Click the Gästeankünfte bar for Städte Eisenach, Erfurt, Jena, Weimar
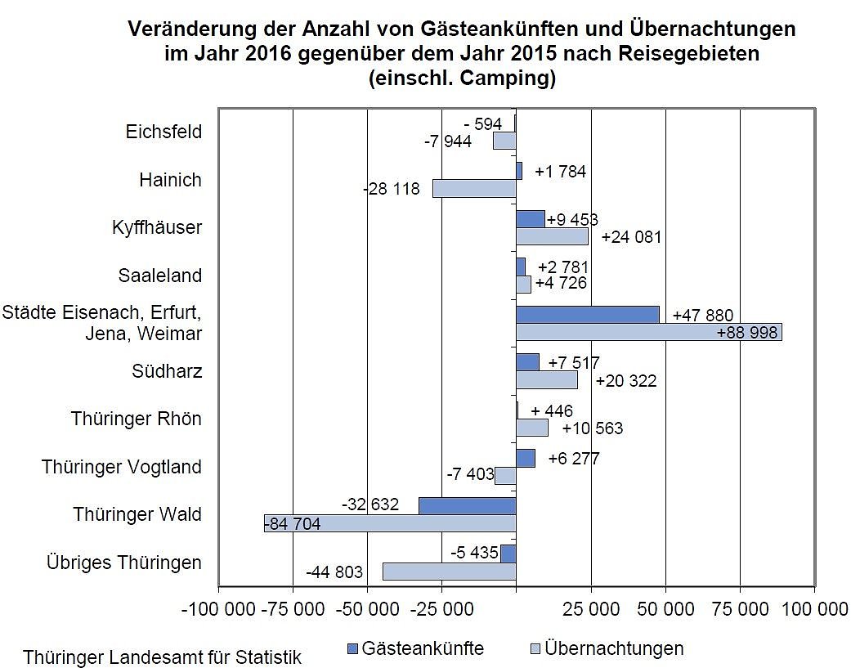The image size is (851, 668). point(587,315)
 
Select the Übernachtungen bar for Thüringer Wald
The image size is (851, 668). point(389,523)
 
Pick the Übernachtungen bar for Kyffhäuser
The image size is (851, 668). point(552,236)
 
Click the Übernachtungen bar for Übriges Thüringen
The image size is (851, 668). point(449,571)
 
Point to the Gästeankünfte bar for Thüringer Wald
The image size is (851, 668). point(467,506)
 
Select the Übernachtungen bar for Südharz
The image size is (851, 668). point(546,380)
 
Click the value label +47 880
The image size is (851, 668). point(702,316)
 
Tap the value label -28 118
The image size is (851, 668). point(391,189)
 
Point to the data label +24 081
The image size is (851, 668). point(630,238)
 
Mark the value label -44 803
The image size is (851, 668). point(334,572)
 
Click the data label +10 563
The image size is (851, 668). point(593,428)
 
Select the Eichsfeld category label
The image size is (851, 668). point(163,132)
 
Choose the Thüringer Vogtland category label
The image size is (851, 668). point(122,467)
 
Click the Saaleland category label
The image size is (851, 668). point(159,275)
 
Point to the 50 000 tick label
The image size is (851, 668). point(667,609)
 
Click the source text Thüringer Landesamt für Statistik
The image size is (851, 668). point(162,657)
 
